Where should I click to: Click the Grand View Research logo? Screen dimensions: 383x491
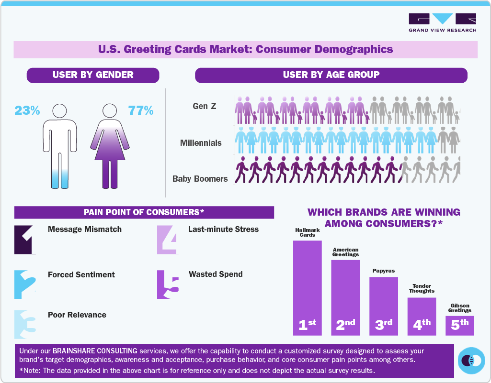(x=442, y=22)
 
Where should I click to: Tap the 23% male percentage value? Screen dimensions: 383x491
(x=27, y=110)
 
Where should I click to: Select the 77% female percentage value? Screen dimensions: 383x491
(x=140, y=110)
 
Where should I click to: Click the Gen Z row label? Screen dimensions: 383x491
(x=205, y=106)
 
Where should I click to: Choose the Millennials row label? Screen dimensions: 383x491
(x=201, y=142)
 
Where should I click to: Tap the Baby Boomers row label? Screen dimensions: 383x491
(x=200, y=179)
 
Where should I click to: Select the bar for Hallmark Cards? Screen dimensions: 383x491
(x=307, y=287)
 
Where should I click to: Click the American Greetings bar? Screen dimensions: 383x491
(x=345, y=296)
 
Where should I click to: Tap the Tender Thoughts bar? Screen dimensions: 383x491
(x=422, y=316)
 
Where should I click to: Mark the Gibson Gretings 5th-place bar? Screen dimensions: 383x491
(x=460, y=325)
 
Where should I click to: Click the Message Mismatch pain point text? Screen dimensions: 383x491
(x=85, y=230)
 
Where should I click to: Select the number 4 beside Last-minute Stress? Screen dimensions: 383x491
(x=167, y=239)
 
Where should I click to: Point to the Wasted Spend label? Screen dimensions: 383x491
(x=216, y=274)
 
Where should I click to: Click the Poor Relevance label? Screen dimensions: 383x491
(x=77, y=315)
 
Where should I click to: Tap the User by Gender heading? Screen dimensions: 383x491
(x=93, y=75)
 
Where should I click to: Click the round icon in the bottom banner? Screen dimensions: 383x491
(x=471, y=360)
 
